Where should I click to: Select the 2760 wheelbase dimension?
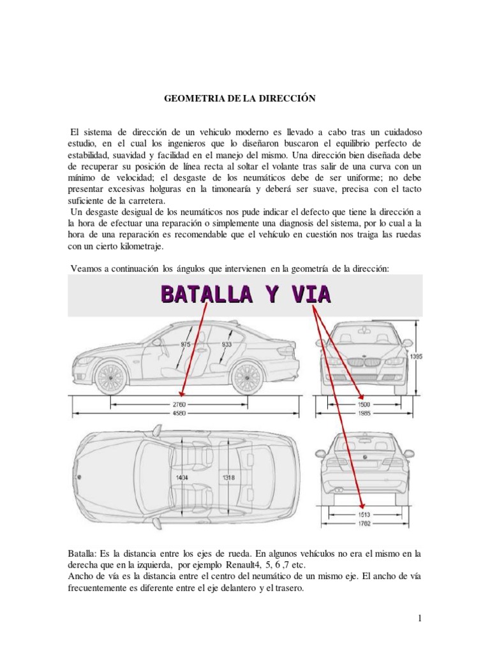[x=179, y=404]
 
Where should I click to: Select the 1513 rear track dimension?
[x=364, y=516]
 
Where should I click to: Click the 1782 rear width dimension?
[x=364, y=525]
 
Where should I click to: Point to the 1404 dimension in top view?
[x=183, y=476]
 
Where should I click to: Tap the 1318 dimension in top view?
[x=228, y=476]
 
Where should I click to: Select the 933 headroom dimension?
[x=226, y=343]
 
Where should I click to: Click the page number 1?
[x=421, y=618]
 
